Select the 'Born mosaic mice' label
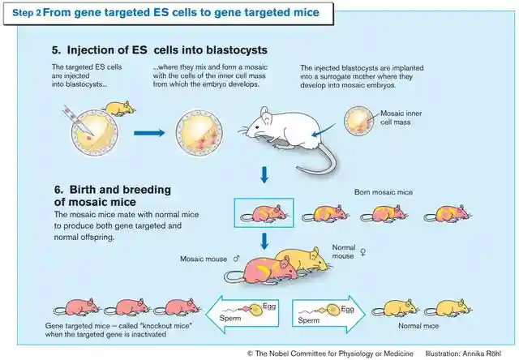tap(383, 192)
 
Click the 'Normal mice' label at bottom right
tap(418, 326)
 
